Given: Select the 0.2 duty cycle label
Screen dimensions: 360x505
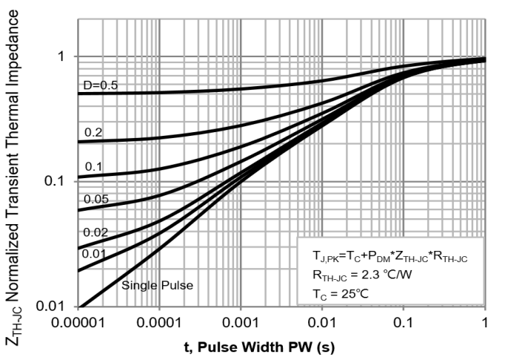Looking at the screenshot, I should click(94, 132).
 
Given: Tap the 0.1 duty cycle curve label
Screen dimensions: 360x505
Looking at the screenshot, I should click(94, 166).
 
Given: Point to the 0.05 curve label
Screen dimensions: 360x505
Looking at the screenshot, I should click(96, 199).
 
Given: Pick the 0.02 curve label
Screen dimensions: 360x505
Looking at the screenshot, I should click(96, 232).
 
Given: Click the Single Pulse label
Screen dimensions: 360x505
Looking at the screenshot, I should click(157, 284).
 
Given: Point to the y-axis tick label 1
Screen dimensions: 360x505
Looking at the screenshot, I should click(63, 56).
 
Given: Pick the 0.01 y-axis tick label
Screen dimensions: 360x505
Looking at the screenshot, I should click(56, 307).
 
